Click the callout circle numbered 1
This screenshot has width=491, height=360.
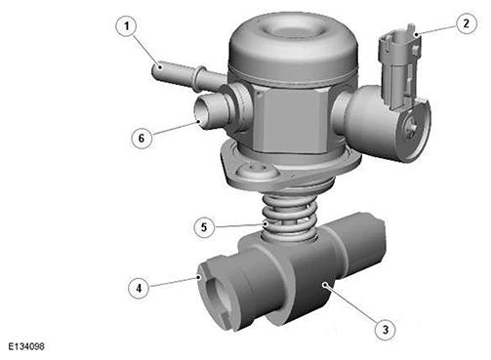(127, 26)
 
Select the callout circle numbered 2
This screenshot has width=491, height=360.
(467, 23)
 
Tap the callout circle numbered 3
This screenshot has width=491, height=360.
(386, 330)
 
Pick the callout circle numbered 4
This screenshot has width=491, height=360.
(139, 288)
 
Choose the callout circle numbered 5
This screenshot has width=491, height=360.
(204, 227)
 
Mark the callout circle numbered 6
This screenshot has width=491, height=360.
(142, 139)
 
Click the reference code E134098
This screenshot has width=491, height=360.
(26, 346)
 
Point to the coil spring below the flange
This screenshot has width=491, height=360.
(288, 217)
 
